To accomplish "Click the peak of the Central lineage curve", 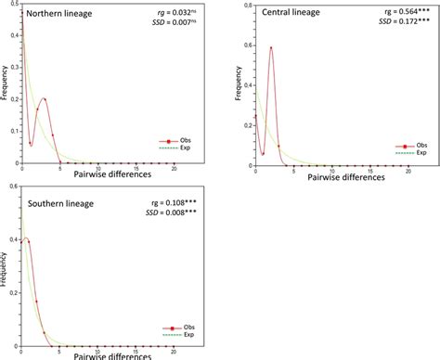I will point(270,47).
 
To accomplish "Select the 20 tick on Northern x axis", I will point(175,167).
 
